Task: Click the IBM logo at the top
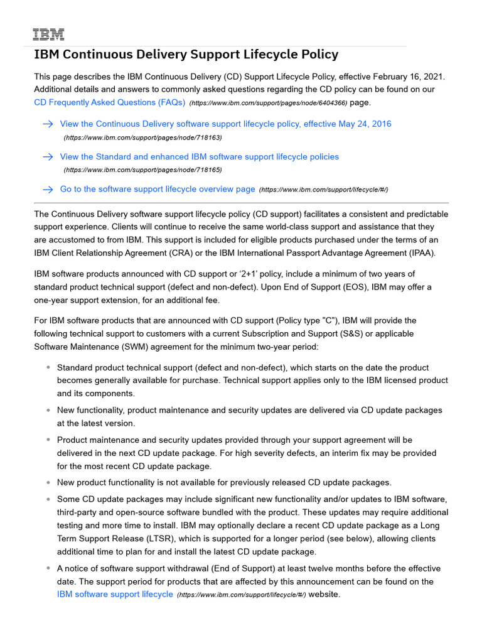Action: pos(48,35)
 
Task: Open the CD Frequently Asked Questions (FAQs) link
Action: pos(109,102)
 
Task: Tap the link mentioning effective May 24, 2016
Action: pos(225,124)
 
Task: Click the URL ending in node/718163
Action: pos(142,137)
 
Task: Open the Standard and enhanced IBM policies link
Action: pos(199,157)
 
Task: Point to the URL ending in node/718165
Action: pos(142,170)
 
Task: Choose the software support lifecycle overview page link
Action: pos(158,189)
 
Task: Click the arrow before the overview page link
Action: pos(48,190)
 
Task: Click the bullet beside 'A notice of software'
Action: pos(48,568)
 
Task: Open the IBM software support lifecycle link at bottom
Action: pos(115,594)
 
